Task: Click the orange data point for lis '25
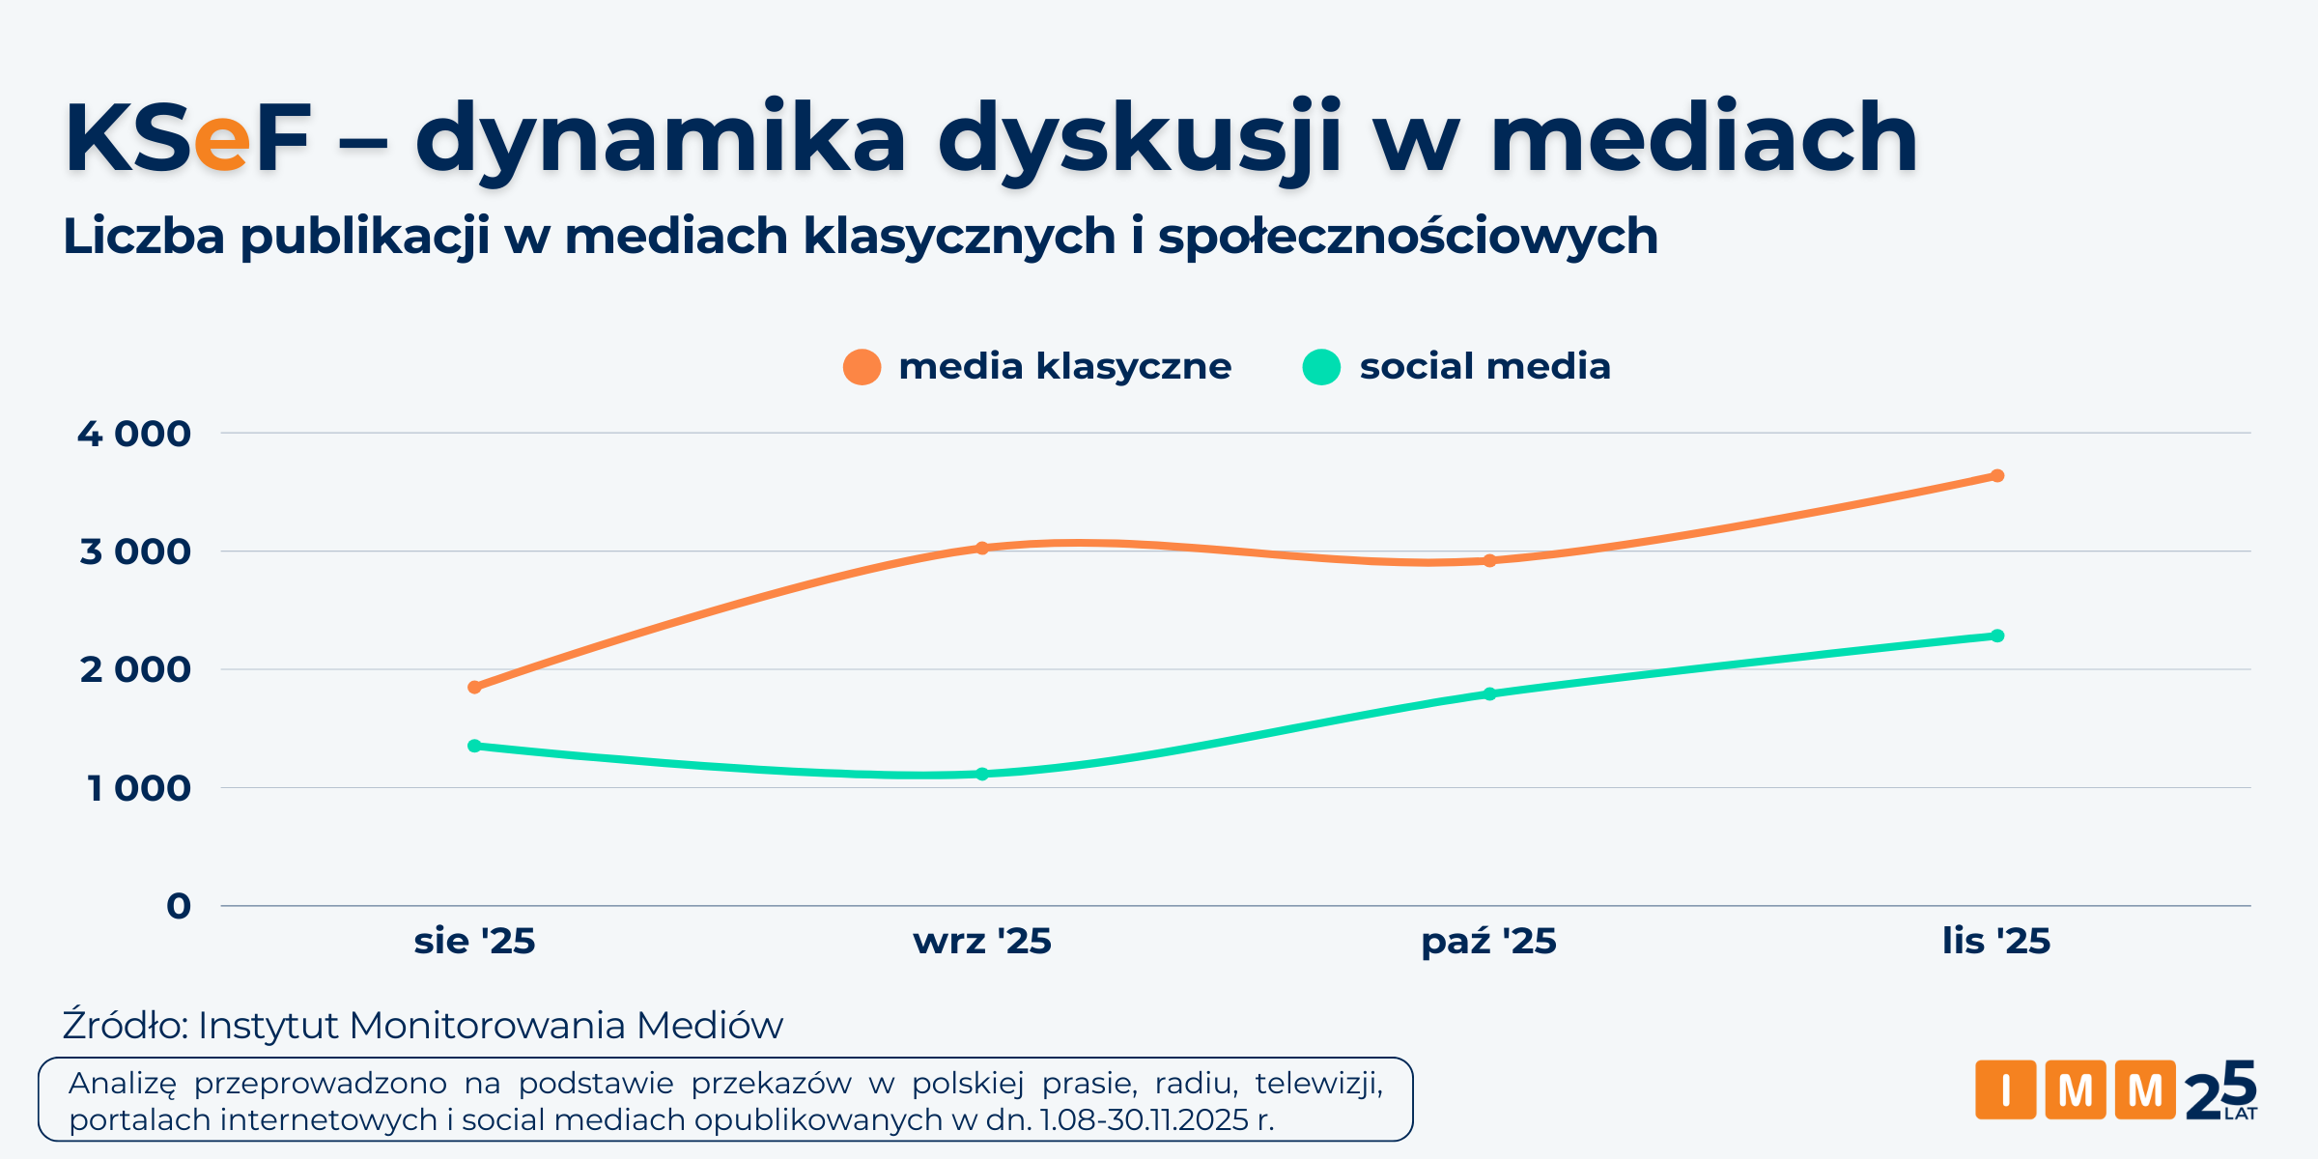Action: [x=1997, y=476]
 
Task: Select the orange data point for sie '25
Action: [x=474, y=688]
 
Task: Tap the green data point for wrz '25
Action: [x=982, y=774]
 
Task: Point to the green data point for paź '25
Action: [x=1489, y=693]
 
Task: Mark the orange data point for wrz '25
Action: [x=982, y=548]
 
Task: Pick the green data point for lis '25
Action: [x=1997, y=636]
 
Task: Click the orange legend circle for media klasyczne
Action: [x=862, y=367]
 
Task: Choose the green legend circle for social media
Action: [x=1321, y=367]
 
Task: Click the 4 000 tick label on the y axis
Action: [x=134, y=434]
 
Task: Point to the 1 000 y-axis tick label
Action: [x=139, y=788]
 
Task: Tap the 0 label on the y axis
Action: [x=179, y=906]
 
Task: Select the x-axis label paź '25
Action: [x=1488, y=941]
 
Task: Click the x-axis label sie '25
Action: [x=474, y=941]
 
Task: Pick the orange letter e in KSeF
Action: [x=222, y=142]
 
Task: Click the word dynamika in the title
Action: [x=661, y=140]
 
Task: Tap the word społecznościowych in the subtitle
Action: [x=1407, y=237]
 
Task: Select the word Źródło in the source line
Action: [x=124, y=1026]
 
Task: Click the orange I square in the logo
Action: [x=2005, y=1090]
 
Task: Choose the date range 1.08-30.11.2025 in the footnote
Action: [x=1145, y=1120]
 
